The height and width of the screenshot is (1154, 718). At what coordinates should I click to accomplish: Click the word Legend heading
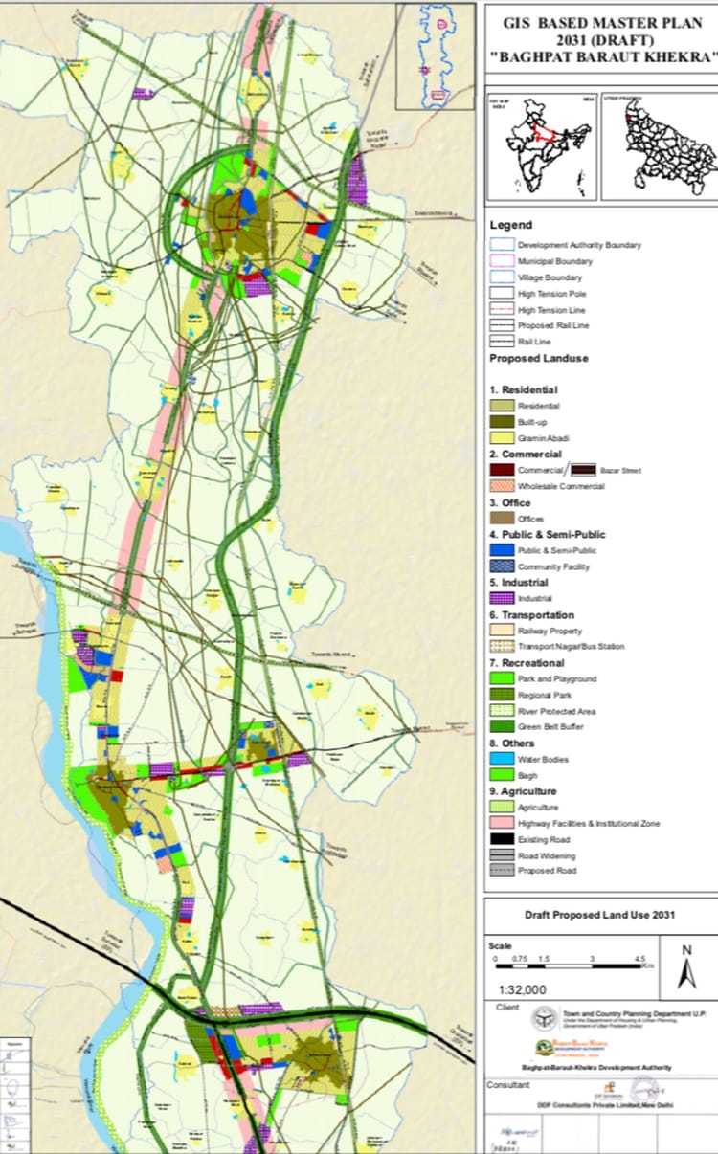510,225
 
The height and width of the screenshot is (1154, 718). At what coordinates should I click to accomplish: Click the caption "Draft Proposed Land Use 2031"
599,915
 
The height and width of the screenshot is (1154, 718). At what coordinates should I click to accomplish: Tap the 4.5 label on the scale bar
639,959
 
